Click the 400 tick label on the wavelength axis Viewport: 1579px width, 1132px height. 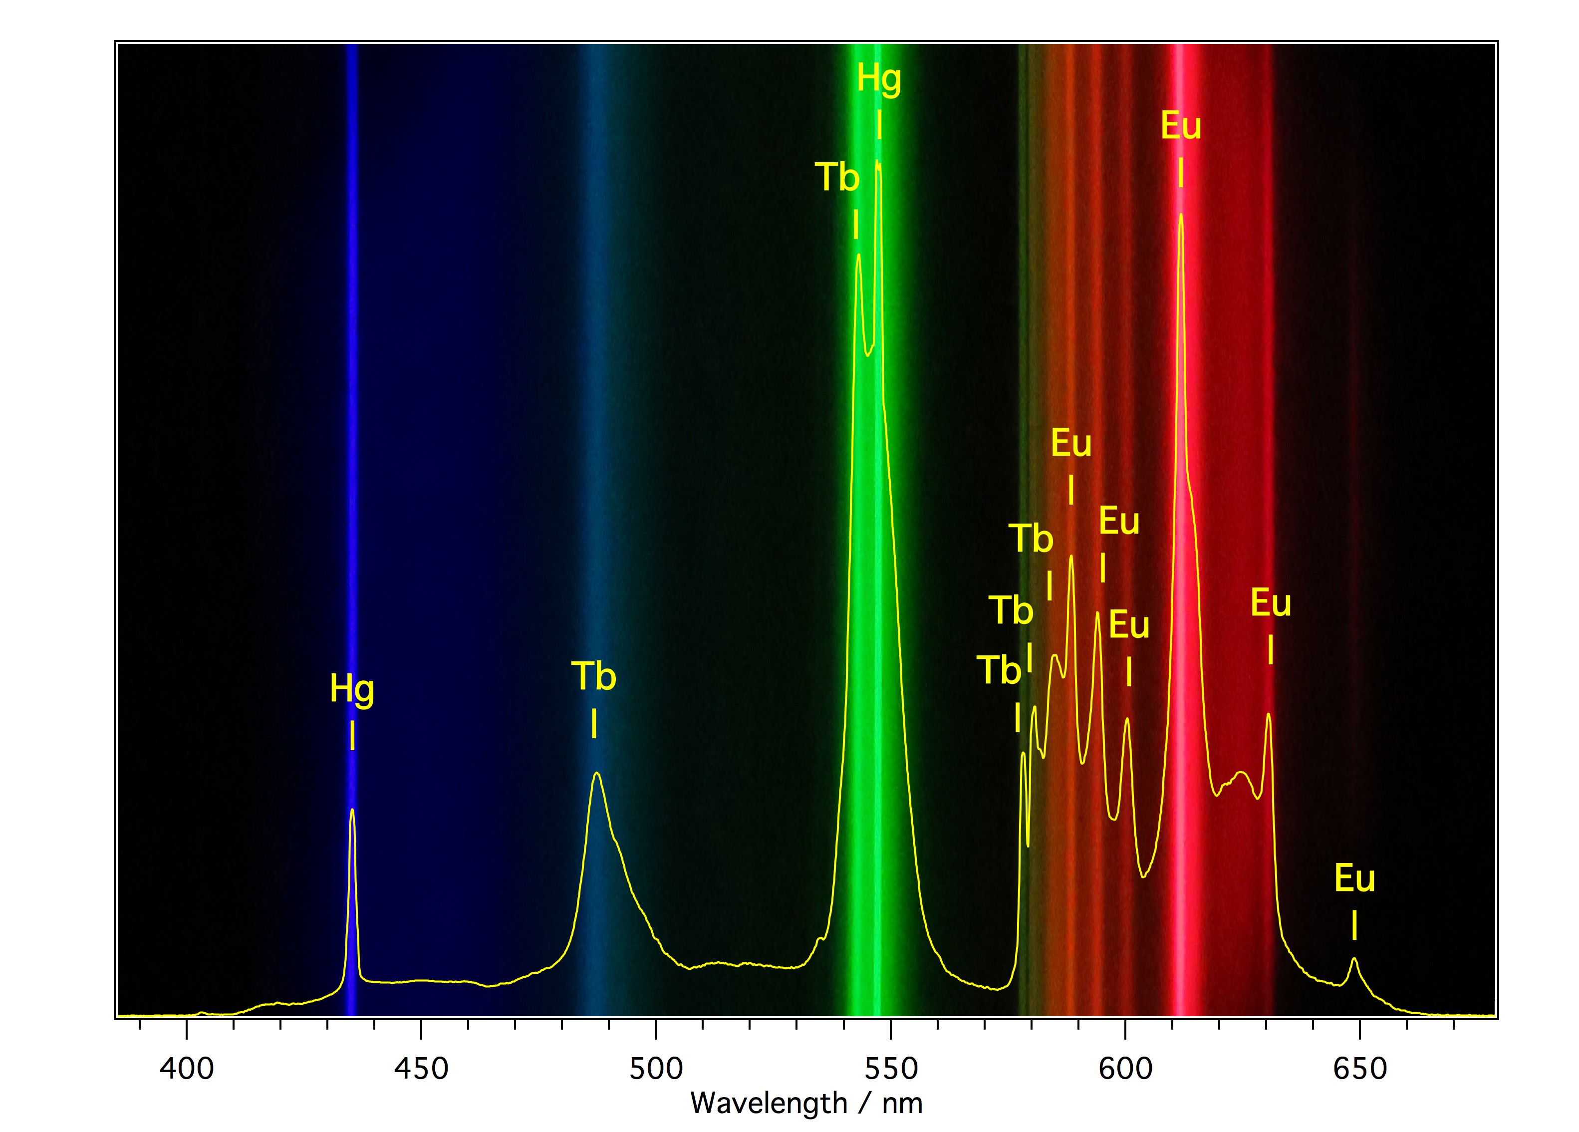tap(187, 1068)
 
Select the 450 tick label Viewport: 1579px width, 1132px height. tap(421, 1068)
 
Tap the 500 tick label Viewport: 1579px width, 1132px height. tap(656, 1068)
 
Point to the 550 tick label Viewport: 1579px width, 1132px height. tap(890, 1068)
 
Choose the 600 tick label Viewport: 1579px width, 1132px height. tap(1125, 1068)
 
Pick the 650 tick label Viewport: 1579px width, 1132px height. tap(1360, 1068)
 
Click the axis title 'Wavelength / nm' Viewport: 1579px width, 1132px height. tap(806, 1104)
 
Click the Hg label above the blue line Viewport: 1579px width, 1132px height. tap(352, 690)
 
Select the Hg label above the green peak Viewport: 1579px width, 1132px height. tap(879, 79)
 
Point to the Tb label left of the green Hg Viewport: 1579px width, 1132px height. tap(837, 178)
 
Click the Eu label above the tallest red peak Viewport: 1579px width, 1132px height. tap(1181, 127)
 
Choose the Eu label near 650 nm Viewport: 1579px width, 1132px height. tap(1354, 878)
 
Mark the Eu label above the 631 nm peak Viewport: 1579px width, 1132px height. tap(1271, 603)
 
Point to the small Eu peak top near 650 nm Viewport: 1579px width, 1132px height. tap(1354, 959)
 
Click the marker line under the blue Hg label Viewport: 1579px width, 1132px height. tap(352, 736)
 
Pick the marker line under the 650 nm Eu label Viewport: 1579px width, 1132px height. tap(1354, 925)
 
